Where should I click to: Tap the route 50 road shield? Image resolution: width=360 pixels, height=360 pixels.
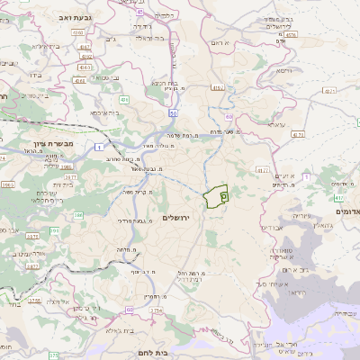[171, 115]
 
